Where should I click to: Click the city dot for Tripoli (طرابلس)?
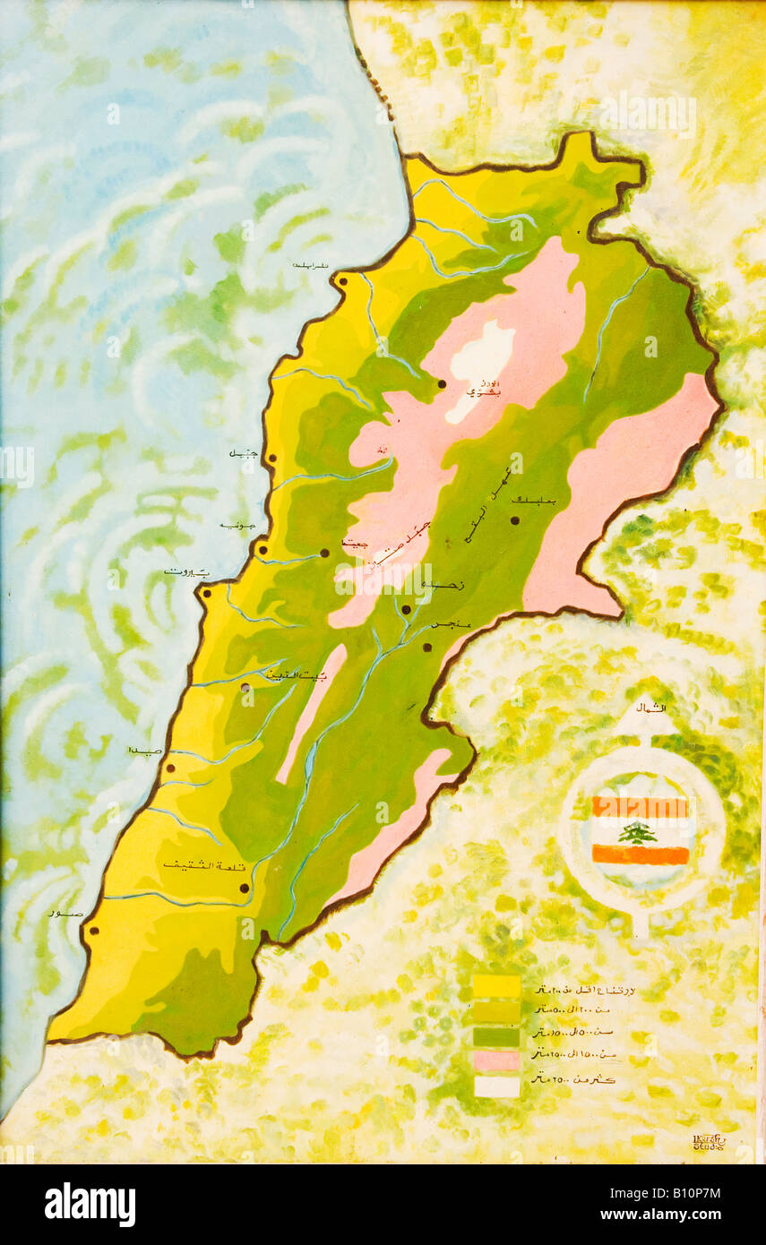tap(343, 282)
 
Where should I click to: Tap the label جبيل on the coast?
tap(243, 454)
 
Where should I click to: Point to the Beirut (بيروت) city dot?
tap(206, 592)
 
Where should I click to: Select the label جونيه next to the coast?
tap(238, 525)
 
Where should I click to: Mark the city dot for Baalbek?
tap(515, 519)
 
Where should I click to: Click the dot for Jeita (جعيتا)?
tap(324, 553)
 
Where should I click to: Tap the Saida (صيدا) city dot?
tap(170, 767)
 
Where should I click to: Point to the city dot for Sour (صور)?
tap(93, 931)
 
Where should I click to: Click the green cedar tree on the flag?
tap(638, 832)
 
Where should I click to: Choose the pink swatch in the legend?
tap(495, 1060)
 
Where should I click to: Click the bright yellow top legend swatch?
tap(495, 986)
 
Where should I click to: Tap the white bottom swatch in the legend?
tap(495, 1086)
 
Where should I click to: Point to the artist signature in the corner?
tap(709, 1142)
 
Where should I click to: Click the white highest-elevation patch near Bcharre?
tap(482, 358)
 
